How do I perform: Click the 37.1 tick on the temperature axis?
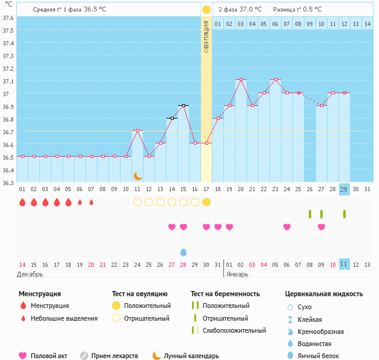[7, 81]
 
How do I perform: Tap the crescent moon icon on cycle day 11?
[137, 176]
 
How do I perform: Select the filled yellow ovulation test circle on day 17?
[206, 202]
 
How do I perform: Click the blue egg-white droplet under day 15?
[183, 252]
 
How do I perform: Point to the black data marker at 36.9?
[183, 106]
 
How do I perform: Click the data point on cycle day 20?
[241, 79]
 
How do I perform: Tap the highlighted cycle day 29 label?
[344, 189]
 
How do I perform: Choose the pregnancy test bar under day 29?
[344, 214]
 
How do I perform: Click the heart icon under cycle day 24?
[287, 227]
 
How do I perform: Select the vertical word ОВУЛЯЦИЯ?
[206, 37]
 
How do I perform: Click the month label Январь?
[237, 274]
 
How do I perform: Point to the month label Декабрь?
[30, 274]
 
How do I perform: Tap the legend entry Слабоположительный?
[234, 330]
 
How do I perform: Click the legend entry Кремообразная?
[320, 332]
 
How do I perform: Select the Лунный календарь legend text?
[191, 356]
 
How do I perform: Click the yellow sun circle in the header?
[206, 10]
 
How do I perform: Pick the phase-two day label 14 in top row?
[367, 24]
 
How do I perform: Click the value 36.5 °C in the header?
[94, 9]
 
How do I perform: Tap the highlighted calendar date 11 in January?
[344, 264]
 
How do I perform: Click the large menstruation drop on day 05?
[68, 202]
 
